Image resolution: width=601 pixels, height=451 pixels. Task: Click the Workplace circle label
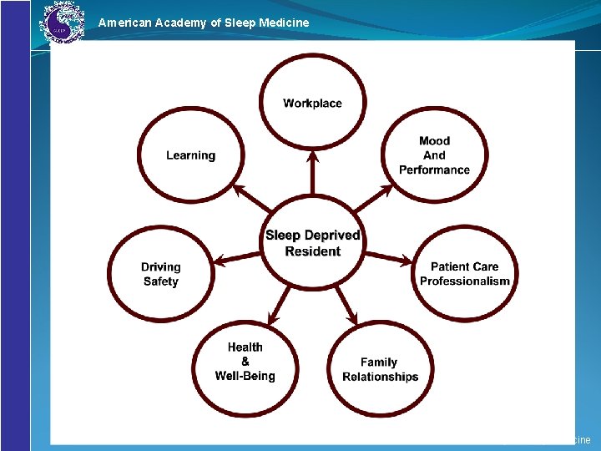point(312,104)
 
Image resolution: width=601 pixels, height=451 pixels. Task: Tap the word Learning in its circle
point(190,155)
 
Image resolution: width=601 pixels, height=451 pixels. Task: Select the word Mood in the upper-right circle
point(434,141)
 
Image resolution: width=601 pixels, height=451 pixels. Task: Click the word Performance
point(434,170)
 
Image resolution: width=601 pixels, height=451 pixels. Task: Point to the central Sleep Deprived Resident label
point(313,243)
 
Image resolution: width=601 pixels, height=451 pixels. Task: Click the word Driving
point(160,267)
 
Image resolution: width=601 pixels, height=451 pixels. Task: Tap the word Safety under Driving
point(160,281)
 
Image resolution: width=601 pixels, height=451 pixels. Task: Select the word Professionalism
point(464,281)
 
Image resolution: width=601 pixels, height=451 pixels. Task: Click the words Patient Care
point(464,267)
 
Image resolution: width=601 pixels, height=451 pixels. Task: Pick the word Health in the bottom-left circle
point(245,347)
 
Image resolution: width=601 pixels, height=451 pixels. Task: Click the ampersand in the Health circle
point(245,362)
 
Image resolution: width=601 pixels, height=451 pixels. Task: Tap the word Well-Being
point(245,376)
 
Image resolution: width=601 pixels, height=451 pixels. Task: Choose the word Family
point(379,362)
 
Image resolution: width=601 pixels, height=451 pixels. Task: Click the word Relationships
point(380,377)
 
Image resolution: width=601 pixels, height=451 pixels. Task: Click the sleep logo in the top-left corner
point(63,23)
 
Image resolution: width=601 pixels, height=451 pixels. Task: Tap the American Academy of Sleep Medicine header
point(203,23)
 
